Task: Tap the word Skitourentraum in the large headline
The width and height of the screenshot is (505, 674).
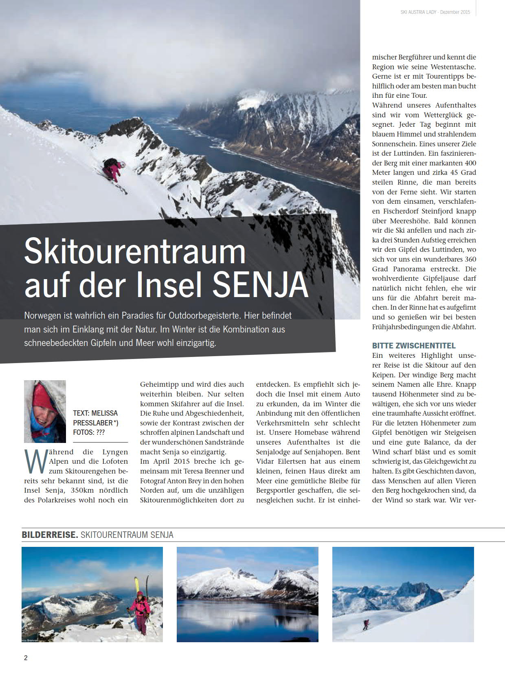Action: coord(135,251)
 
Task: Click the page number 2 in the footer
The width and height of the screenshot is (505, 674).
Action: coord(26,658)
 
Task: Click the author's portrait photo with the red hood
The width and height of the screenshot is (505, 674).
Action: coord(45,411)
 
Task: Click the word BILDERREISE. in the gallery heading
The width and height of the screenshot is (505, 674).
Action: coord(50,535)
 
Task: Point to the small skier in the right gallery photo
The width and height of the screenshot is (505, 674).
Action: coord(366,624)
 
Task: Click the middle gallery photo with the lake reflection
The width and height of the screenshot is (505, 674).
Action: coord(248,595)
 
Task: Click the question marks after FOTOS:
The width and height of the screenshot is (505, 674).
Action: coord(101,433)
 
